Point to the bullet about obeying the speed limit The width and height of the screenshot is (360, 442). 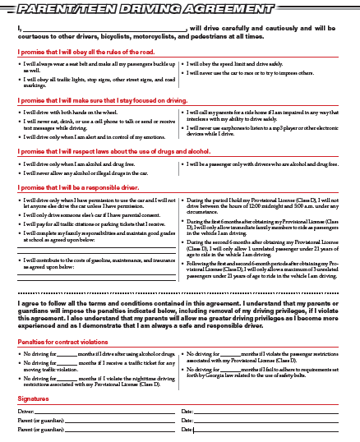tap(238, 62)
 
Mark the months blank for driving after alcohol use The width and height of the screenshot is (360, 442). tap(66, 352)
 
